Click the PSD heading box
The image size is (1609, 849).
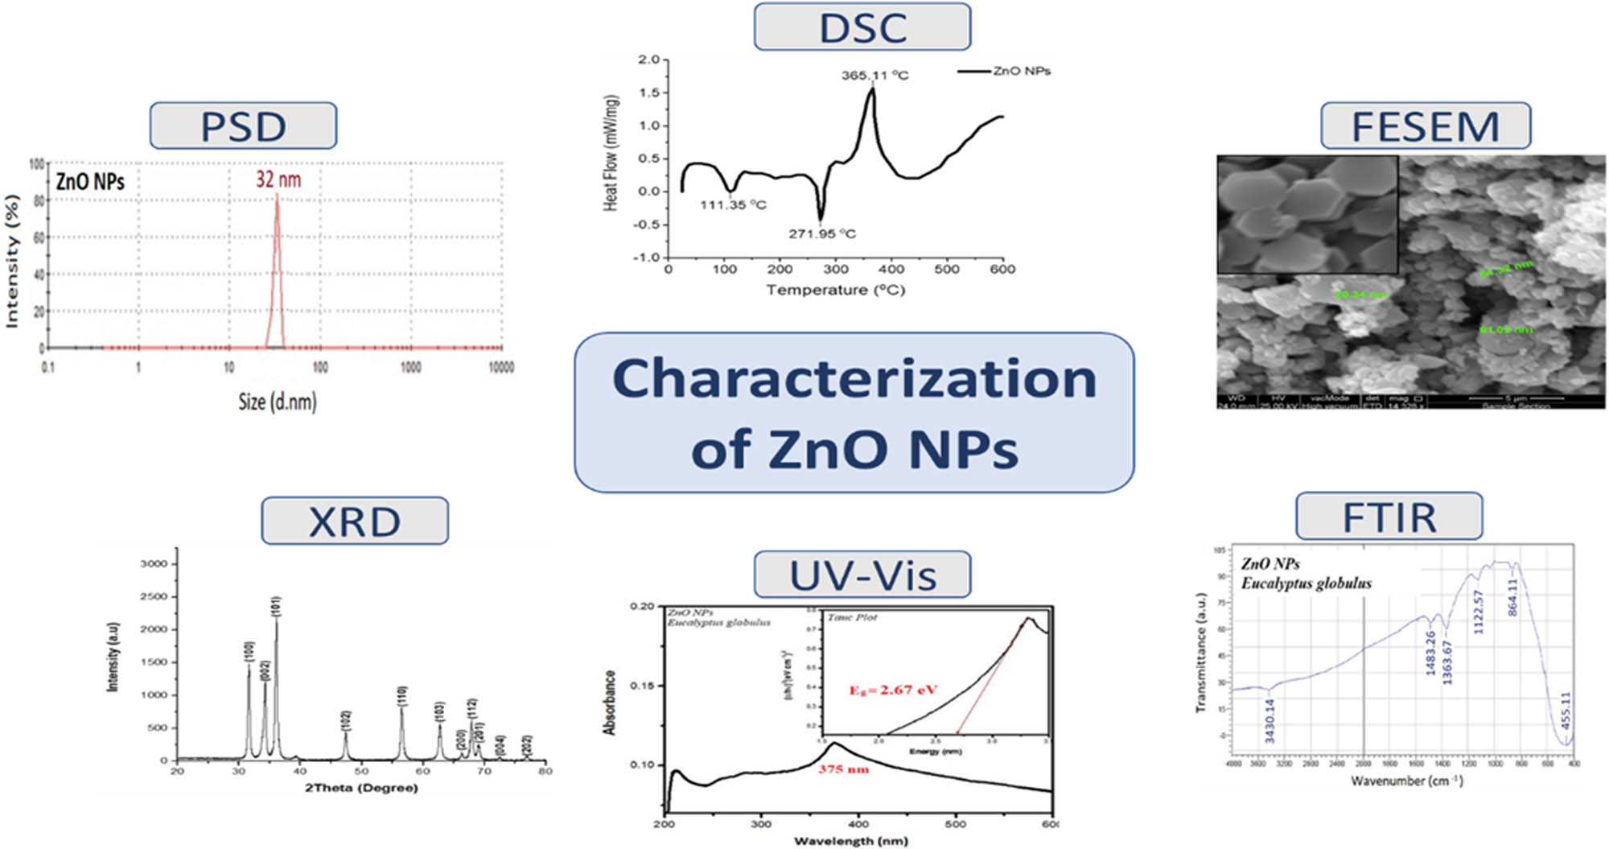pyautogui.click(x=243, y=126)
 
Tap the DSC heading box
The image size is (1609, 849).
pyautogui.click(x=862, y=27)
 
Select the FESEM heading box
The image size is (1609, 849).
pyautogui.click(x=1426, y=126)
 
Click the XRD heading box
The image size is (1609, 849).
pyautogui.click(x=355, y=521)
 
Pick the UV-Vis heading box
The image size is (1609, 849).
pyautogui.click(x=862, y=575)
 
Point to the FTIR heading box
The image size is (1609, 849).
pyautogui.click(x=1389, y=517)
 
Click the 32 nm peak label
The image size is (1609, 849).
pyautogui.click(x=278, y=179)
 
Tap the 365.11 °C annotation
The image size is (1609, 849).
pyautogui.click(x=874, y=76)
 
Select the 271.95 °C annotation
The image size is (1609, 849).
pyautogui.click(x=821, y=234)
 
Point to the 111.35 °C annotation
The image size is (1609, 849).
pyautogui.click(x=733, y=205)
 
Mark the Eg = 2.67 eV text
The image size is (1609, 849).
pyautogui.click(x=893, y=690)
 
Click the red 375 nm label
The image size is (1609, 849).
pyautogui.click(x=843, y=769)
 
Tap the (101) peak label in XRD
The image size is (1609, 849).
pyautogui.click(x=277, y=606)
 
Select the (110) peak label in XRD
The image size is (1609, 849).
pyautogui.click(x=402, y=696)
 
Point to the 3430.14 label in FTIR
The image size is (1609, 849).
pyautogui.click(x=1270, y=720)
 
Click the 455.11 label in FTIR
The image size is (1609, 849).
pyautogui.click(x=1566, y=710)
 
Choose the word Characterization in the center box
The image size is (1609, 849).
pyautogui.click(x=854, y=378)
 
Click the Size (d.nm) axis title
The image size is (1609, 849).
pyautogui.click(x=278, y=401)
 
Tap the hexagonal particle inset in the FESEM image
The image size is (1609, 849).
pyautogui.click(x=1307, y=214)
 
